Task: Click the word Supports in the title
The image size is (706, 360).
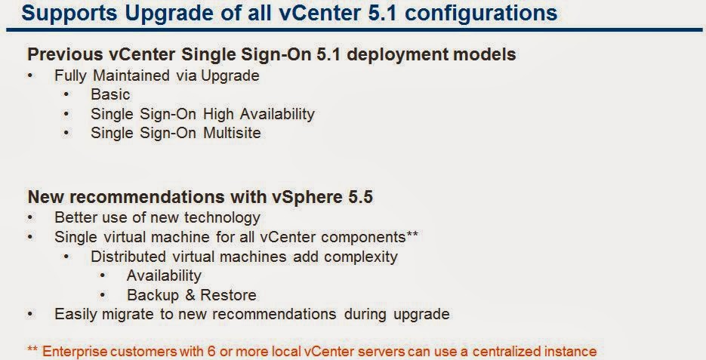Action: pos(69,14)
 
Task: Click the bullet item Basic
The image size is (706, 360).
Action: pos(110,94)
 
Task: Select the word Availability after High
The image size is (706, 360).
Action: pos(277,114)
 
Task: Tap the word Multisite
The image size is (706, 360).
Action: pos(232,133)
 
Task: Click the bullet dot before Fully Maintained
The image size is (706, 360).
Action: pos(30,75)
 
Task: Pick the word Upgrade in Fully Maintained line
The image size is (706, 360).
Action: pos(230,76)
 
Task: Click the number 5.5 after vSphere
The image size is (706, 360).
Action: pos(360,197)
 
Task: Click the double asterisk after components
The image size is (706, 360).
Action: pos(412,234)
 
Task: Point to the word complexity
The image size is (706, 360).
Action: pos(361,257)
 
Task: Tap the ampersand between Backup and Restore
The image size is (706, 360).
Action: pos(190,295)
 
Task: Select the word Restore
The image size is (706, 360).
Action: pos(228,295)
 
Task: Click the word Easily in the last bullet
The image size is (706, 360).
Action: pos(76,315)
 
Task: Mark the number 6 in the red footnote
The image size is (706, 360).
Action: pos(211,351)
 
